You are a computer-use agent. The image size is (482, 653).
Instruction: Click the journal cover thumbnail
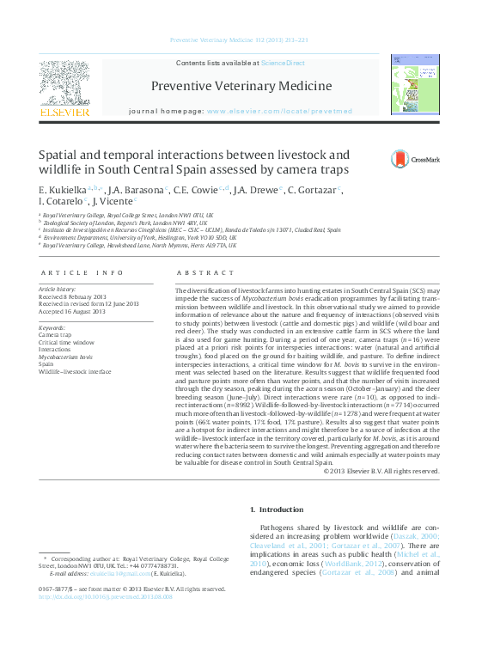coord(414,85)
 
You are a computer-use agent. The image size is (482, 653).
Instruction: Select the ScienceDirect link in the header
coord(283,64)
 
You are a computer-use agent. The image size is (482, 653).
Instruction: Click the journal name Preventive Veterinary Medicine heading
coord(241,86)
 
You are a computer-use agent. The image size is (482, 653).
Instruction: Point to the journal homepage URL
coord(279,112)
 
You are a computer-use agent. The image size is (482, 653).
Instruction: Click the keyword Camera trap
coord(55,335)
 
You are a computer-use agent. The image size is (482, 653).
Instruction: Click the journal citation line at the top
coord(240,40)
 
